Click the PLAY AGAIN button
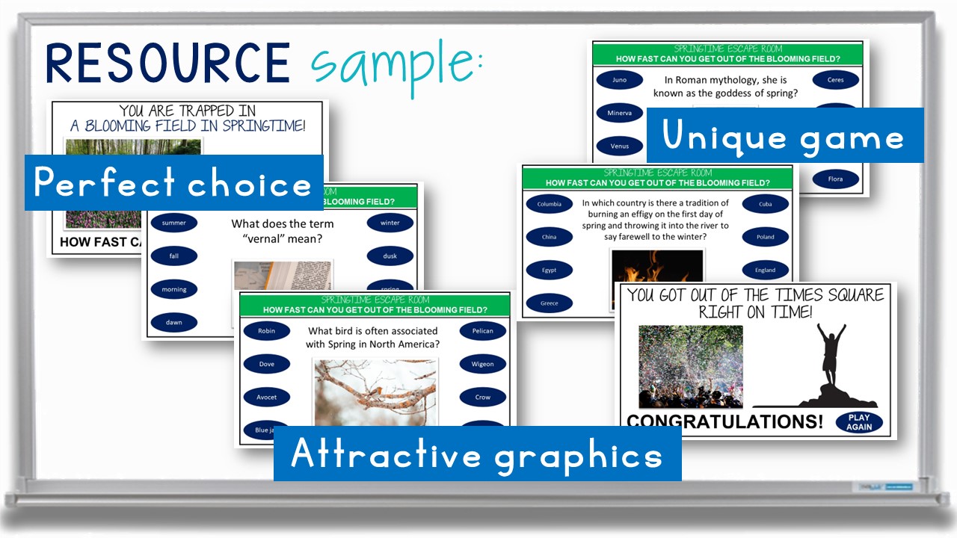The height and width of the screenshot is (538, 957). point(859,422)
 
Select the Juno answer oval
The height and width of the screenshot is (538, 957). point(619,80)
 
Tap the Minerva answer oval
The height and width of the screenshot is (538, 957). point(619,113)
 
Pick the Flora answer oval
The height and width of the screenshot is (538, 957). point(835,179)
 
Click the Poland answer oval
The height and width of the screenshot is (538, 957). point(765,237)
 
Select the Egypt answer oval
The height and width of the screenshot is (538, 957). point(549,270)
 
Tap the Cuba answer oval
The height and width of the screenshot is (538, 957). point(765,204)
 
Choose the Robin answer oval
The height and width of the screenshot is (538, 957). point(266,331)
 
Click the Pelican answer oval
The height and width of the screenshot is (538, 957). point(482,331)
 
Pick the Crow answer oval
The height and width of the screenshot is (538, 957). point(482,398)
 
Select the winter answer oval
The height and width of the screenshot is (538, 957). point(390,223)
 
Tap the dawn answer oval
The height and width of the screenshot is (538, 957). point(173,323)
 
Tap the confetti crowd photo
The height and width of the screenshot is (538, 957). point(690,366)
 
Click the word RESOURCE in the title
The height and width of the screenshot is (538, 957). point(167,63)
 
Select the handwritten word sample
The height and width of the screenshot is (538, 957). point(393,66)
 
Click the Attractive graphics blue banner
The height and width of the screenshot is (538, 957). point(477,454)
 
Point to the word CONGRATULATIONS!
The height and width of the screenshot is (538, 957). point(724,422)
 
